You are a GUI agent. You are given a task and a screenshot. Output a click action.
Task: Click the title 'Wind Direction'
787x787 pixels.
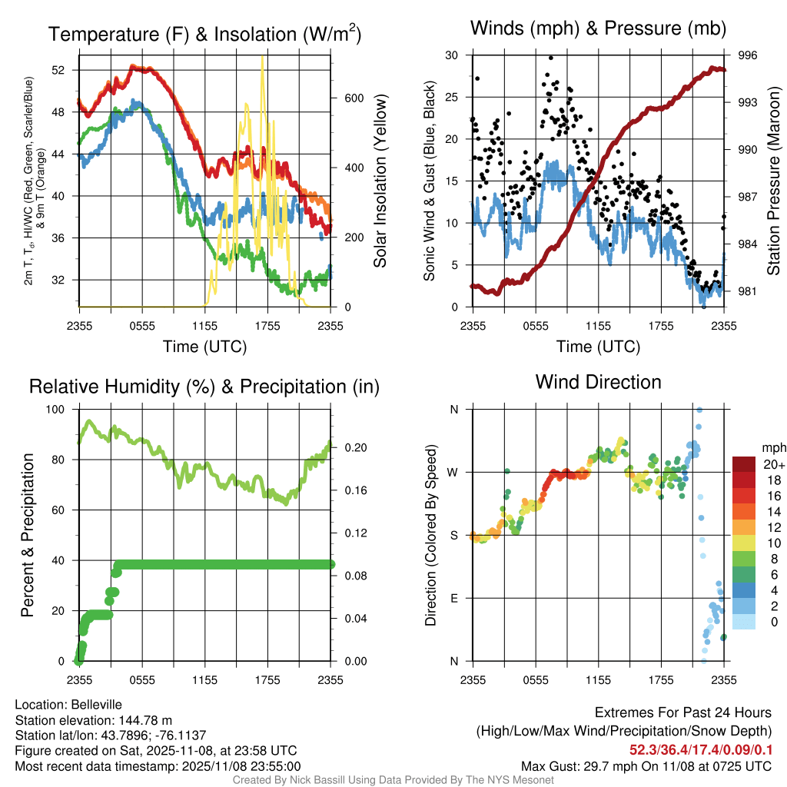[x=598, y=381]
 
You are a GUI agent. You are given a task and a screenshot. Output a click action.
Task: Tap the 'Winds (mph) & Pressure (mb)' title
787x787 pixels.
[x=598, y=29]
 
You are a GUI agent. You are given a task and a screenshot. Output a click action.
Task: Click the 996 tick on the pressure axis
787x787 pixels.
[x=748, y=55]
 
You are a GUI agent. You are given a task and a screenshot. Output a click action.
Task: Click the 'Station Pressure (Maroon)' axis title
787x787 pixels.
[x=774, y=181]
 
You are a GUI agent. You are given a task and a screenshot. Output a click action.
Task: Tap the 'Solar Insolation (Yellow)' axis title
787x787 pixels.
[x=380, y=181]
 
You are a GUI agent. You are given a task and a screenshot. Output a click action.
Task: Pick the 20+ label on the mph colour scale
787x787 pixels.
[x=772, y=464]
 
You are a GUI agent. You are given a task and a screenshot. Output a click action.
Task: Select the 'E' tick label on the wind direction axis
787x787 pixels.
[x=453, y=598]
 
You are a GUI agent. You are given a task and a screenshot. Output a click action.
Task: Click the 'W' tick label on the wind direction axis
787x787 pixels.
[x=453, y=472]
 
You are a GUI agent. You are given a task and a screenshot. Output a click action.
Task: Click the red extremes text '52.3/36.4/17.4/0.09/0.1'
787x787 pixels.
[x=701, y=749]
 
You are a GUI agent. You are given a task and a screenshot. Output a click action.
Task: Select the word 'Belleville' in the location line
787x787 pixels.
[x=96, y=704]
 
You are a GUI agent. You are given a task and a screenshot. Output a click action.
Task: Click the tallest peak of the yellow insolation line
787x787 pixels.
[x=263, y=57]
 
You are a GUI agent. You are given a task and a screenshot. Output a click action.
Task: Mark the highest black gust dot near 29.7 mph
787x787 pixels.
[x=551, y=58]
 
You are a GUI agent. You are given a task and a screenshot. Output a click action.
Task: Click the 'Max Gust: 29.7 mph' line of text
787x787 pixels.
[x=646, y=765]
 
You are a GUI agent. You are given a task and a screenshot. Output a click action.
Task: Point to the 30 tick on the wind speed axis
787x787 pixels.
[x=452, y=55]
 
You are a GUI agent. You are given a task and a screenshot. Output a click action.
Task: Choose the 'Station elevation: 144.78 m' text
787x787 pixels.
[x=93, y=719]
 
